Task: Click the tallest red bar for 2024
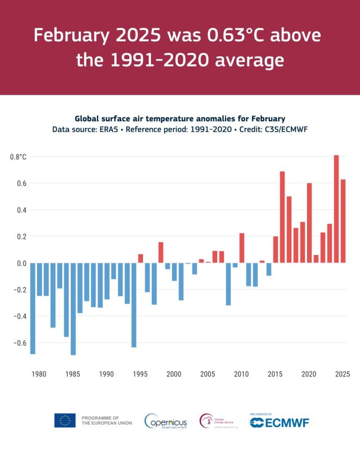coord(336,209)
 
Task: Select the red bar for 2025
coord(343,221)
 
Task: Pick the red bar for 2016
coord(282,217)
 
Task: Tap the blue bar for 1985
coord(73,309)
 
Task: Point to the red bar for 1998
coord(161,253)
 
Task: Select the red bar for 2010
coord(242,248)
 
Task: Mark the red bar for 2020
coord(309,223)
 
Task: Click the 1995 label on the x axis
coord(140,374)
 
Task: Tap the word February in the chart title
coord(264,119)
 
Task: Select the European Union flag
coord(65,420)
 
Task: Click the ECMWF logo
coord(279,421)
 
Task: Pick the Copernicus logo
coord(165,420)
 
